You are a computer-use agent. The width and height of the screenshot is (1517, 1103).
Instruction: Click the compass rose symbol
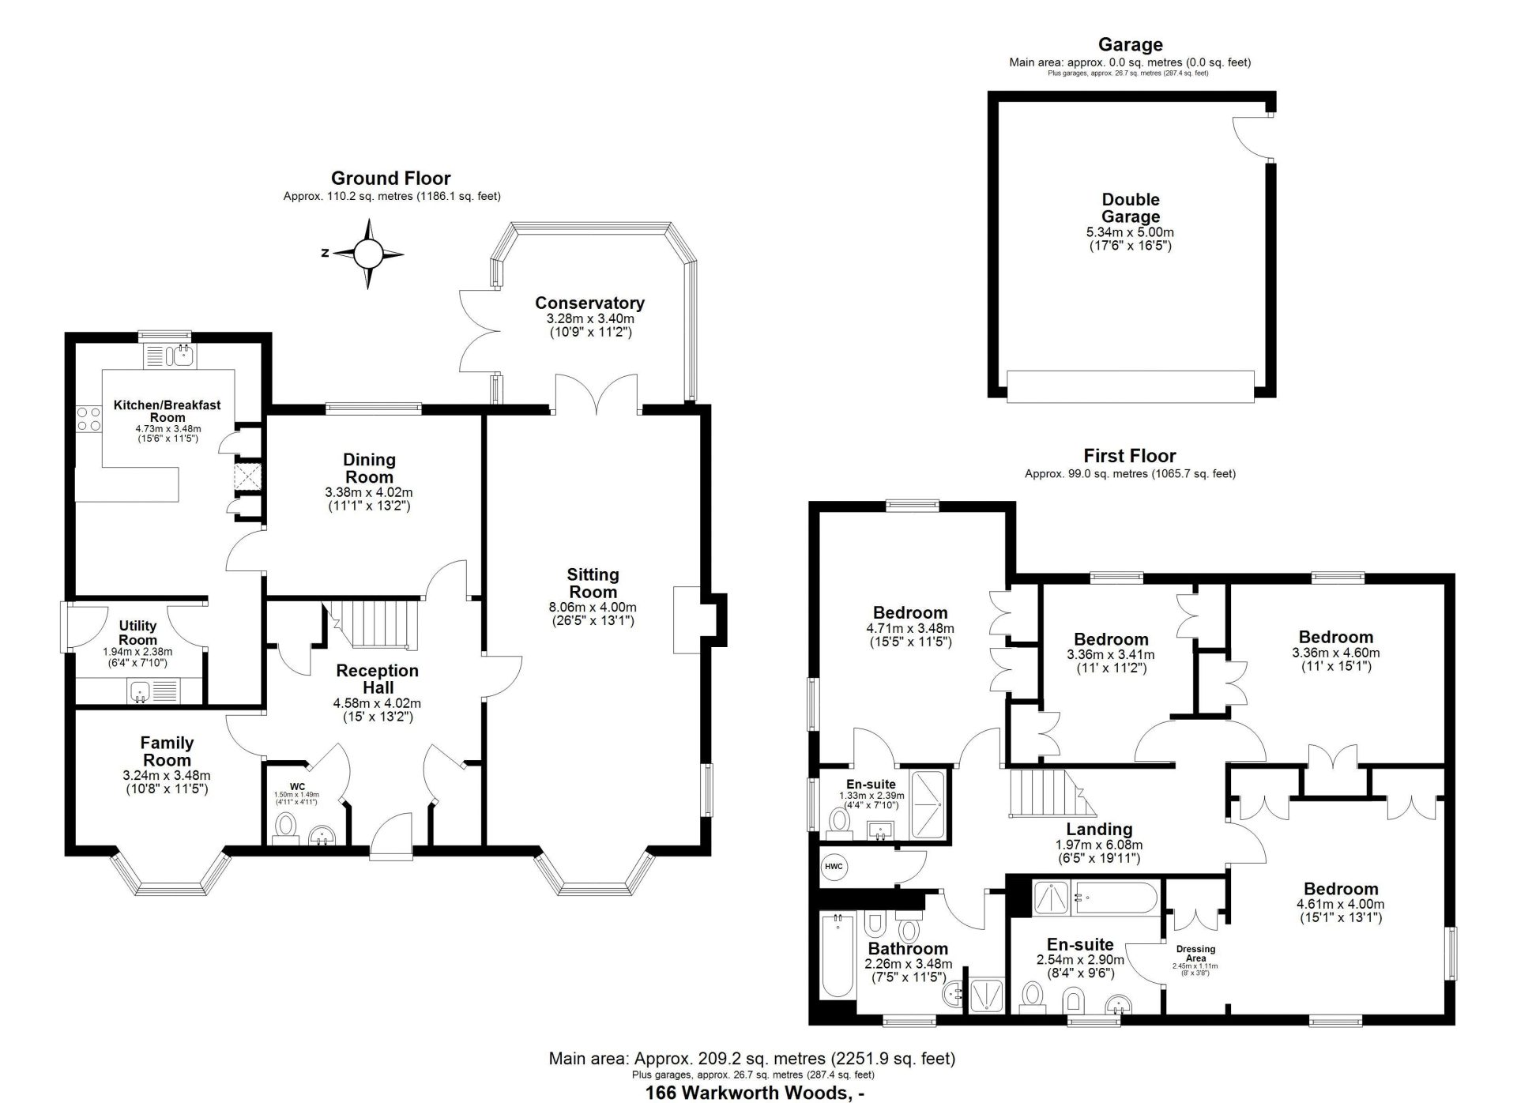coord(368,254)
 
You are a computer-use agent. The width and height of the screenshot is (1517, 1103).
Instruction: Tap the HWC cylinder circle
coord(834,867)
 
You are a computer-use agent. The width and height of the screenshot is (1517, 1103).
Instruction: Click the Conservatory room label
coord(589,303)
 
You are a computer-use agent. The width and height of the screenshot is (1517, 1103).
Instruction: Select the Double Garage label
coord(1131,208)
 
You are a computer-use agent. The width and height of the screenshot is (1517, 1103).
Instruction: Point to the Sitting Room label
coord(593,583)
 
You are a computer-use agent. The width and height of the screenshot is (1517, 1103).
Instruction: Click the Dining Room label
coord(369,468)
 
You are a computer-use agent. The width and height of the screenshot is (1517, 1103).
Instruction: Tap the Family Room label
coord(167,751)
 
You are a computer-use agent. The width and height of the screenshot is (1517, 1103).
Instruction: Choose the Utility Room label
coord(137,633)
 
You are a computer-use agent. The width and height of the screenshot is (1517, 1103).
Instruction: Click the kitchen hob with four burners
coord(88,418)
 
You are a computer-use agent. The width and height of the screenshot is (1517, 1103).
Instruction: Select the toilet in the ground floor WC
coord(285,828)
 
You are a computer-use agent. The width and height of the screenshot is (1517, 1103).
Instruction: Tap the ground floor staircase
coord(372,626)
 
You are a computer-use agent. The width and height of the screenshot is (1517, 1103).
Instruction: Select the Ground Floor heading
coord(390,179)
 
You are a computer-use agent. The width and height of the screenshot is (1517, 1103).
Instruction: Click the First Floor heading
coord(1130,456)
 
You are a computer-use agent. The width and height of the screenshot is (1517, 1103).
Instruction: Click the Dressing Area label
coord(1195,954)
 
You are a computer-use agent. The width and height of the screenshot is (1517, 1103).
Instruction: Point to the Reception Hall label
coord(377,679)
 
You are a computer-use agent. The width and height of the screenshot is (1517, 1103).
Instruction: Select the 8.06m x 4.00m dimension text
coord(593,607)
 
